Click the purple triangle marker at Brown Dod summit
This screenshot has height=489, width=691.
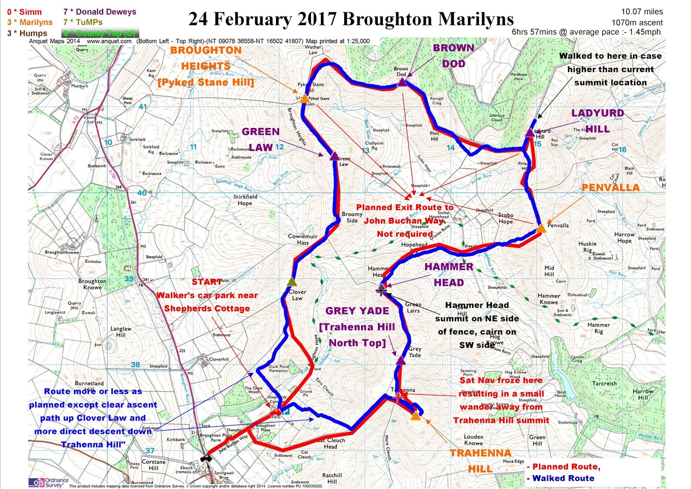coord(402,83)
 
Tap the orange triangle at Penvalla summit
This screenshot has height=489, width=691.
coord(541,228)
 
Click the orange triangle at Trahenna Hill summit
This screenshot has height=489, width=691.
coord(415,416)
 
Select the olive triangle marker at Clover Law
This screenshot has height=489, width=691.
coord(292,282)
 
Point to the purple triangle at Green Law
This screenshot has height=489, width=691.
coord(334,156)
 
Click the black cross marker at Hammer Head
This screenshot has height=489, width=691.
coord(381,290)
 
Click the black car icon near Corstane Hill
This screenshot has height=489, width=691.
coord(206,458)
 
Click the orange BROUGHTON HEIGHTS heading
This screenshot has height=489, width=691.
coord(206,58)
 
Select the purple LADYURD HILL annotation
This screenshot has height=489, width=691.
coord(597,121)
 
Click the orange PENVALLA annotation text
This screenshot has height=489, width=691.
coord(610,188)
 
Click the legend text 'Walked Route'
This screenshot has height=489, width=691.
coord(563,478)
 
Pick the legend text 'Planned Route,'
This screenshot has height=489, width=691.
coord(566,467)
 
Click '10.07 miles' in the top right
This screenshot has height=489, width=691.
coord(642,12)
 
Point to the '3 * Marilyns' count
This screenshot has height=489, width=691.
coord(30,22)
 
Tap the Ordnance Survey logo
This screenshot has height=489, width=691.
coord(48,482)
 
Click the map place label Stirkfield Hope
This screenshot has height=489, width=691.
coord(245,200)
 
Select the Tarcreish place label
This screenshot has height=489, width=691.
coord(604,384)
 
